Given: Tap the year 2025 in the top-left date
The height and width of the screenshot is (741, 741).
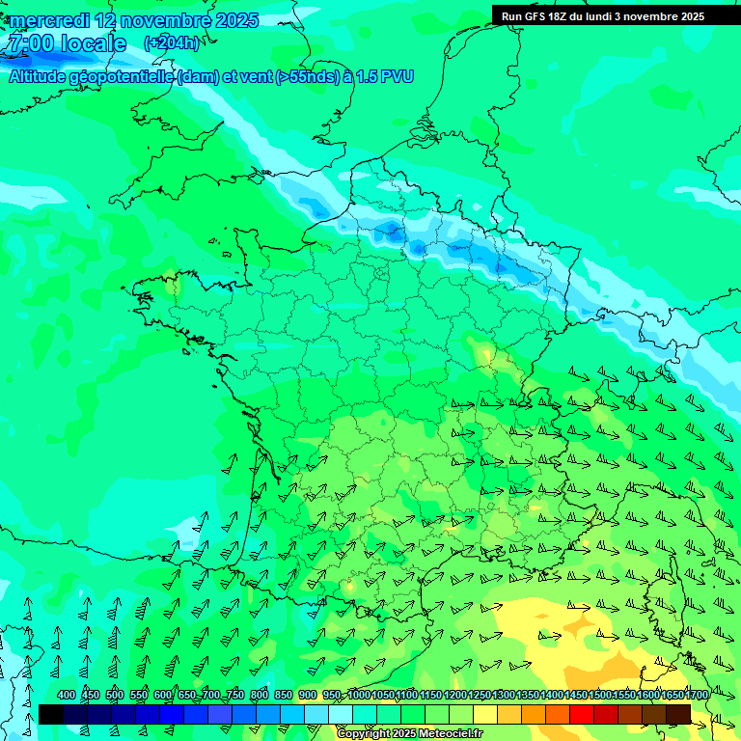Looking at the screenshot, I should (x=235, y=20).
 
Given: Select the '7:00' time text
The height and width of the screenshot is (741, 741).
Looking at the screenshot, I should (x=28, y=43).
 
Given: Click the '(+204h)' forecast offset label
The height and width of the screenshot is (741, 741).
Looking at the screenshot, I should (x=171, y=42).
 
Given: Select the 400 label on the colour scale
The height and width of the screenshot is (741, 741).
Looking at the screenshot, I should (x=67, y=696).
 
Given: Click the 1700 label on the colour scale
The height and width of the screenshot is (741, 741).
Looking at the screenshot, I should (x=697, y=696).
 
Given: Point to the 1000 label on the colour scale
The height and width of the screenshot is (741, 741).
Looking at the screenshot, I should (x=359, y=696).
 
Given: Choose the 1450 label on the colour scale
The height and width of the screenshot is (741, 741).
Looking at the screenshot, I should (x=576, y=696).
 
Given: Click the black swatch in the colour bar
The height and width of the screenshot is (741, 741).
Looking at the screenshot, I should (x=50, y=714).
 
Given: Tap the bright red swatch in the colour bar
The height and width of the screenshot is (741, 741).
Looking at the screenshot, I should (x=582, y=714).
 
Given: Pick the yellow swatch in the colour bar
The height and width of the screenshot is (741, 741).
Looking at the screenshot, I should (x=485, y=714).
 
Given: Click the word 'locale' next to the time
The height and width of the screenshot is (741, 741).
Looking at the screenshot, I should (x=93, y=43).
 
